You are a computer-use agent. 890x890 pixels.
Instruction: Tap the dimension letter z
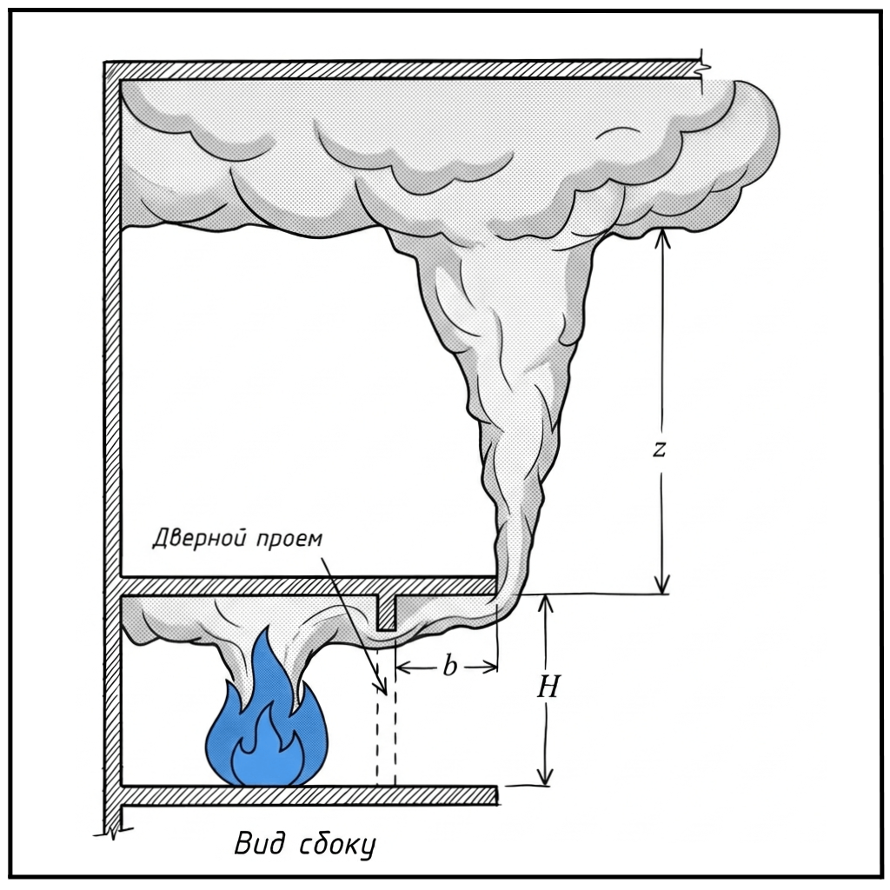click(x=660, y=448)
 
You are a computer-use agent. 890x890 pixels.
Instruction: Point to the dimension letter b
click(x=449, y=667)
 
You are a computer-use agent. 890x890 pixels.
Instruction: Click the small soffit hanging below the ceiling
click(x=386, y=613)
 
